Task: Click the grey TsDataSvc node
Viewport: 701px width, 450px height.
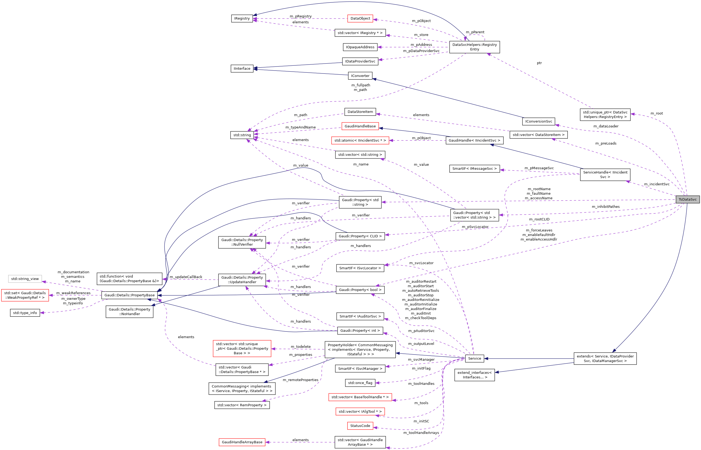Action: (687, 199)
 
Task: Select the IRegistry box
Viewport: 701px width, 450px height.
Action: (242, 19)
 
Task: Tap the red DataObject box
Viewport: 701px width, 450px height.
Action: (360, 19)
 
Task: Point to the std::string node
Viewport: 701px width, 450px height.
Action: (242, 135)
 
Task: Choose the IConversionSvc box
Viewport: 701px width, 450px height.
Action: (538, 121)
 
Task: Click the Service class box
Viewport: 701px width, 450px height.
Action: (474, 358)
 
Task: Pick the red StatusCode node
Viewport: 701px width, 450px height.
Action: (360, 426)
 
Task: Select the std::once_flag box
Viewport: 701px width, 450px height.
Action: (360, 383)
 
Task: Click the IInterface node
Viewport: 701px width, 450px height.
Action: (242, 68)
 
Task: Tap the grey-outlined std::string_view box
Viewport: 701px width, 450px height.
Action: (25, 279)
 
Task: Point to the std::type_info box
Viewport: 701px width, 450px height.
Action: (25, 313)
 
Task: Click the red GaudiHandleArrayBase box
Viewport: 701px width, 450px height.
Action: (242, 442)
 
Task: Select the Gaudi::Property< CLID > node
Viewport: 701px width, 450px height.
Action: (360, 236)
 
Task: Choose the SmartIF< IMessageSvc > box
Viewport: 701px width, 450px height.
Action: (474, 169)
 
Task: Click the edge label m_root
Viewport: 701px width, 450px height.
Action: (657, 113)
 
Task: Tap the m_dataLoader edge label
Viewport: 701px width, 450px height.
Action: (606, 126)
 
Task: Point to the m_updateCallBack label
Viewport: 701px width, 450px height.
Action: (186, 277)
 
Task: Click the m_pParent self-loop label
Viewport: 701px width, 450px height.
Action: (475, 32)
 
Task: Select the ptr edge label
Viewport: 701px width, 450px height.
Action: (539, 63)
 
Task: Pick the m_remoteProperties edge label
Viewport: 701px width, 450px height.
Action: (300, 380)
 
